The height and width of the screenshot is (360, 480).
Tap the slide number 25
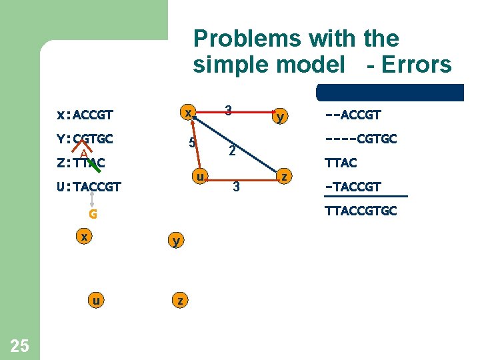point(20,345)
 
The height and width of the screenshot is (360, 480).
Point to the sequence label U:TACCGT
point(89,187)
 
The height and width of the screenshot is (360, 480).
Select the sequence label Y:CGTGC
point(85,139)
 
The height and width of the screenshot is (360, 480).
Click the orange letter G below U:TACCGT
point(93,214)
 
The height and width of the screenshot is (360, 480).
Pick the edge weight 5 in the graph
point(191,143)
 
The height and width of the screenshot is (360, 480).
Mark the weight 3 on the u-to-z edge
point(235,187)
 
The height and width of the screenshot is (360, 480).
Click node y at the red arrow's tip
point(281,117)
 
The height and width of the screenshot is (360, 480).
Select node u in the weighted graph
point(199,177)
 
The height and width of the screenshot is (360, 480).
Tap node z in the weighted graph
point(285,177)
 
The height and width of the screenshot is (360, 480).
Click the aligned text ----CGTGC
point(361,139)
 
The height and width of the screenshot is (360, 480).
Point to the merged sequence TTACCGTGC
point(361,211)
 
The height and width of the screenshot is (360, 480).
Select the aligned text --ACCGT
point(353,115)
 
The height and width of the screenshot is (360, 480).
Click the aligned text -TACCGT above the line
point(353,187)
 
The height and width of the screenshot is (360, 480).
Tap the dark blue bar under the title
point(390,92)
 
